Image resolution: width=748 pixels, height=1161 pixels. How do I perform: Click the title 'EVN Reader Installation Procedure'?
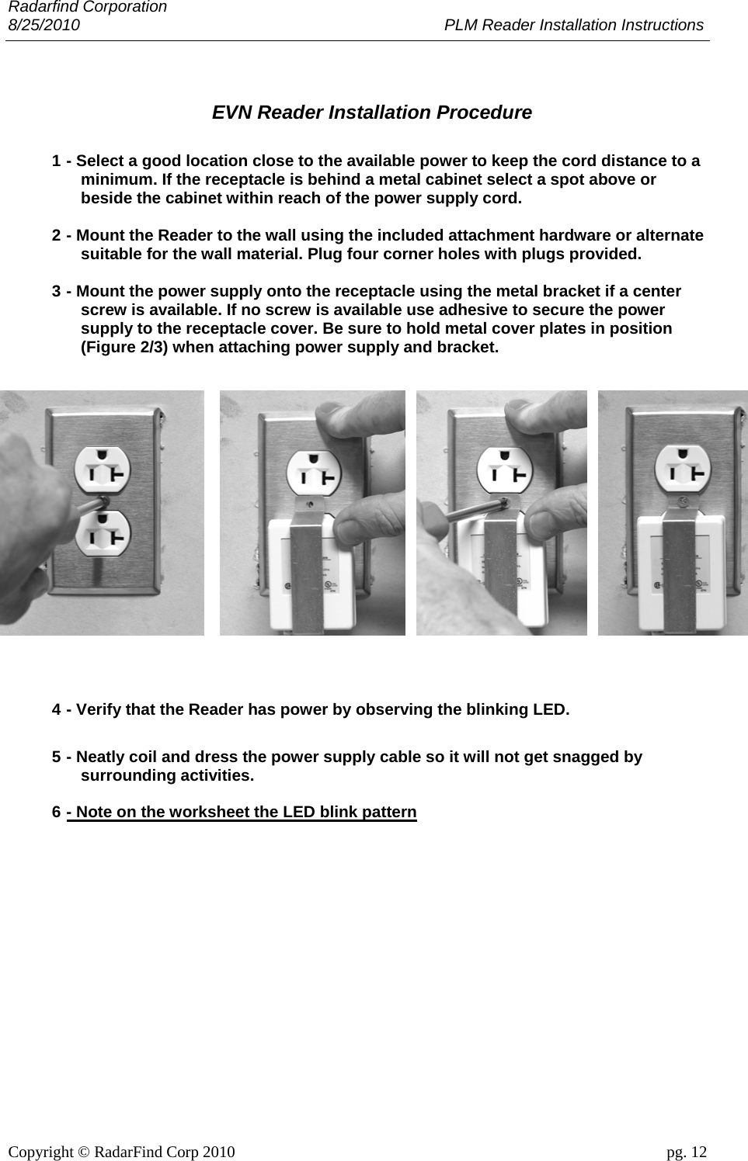(372, 113)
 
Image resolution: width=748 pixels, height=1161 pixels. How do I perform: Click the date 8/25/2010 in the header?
(43, 25)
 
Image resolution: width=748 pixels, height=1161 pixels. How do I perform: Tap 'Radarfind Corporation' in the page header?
(87, 7)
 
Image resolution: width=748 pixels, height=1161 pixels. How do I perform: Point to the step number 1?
(57, 161)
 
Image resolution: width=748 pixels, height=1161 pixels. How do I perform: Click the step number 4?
(57, 710)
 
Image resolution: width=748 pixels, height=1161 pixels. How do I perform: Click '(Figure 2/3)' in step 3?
(124, 347)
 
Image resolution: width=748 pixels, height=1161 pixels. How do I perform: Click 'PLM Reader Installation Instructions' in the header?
(573, 25)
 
